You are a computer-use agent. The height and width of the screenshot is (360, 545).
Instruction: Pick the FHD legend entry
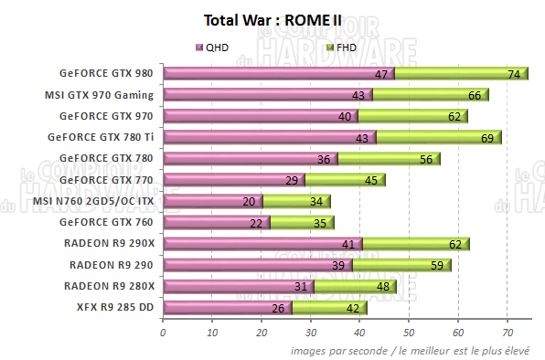(340, 47)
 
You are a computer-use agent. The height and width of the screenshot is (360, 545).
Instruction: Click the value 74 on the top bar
(514, 74)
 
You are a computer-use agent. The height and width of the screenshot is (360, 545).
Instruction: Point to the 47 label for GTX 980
(382, 74)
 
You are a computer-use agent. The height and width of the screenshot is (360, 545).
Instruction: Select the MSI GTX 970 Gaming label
(98, 95)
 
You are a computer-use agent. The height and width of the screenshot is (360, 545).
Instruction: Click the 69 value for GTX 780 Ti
(487, 138)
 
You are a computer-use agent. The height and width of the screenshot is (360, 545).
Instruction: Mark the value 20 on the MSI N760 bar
(249, 201)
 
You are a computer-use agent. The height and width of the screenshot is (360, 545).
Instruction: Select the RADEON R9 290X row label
(110, 244)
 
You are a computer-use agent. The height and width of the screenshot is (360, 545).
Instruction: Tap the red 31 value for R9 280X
(302, 286)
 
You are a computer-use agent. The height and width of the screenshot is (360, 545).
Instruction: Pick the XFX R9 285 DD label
(114, 307)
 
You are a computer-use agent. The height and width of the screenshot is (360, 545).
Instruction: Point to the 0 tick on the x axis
(163, 333)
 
